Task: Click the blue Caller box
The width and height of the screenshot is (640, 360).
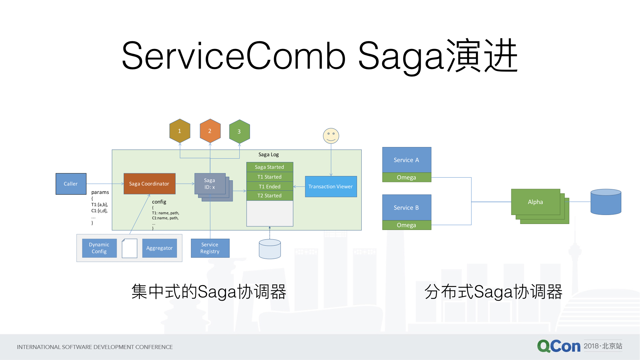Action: pos(71,184)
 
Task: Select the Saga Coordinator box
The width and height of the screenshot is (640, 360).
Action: pos(149,184)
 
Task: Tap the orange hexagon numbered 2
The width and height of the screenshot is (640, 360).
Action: pos(210,131)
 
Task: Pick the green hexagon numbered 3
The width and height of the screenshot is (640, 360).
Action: pos(239,131)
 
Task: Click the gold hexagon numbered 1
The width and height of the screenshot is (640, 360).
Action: pos(180,131)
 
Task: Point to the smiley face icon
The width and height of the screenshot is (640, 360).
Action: pos(331,136)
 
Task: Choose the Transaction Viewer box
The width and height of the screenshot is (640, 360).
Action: pos(331,187)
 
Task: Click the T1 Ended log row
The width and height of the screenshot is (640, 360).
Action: pos(269,186)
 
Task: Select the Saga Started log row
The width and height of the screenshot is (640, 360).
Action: pos(269,167)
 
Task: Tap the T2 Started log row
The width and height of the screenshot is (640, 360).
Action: pos(269,196)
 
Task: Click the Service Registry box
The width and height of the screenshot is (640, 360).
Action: pos(210,248)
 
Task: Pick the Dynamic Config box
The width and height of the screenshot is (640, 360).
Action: pos(99,248)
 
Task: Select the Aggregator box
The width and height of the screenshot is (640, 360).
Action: pos(159,248)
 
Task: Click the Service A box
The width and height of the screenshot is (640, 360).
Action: pos(406,160)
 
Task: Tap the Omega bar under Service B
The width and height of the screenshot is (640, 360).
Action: pos(406,225)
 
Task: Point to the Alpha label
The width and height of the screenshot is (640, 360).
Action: pos(535,202)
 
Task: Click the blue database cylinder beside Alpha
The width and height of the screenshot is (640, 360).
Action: pos(606,202)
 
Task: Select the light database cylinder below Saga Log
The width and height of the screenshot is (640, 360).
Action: pos(270,249)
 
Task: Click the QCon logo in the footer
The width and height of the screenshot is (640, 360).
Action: pos(559,346)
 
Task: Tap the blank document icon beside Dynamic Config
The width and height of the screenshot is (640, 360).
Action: pos(129,248)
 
